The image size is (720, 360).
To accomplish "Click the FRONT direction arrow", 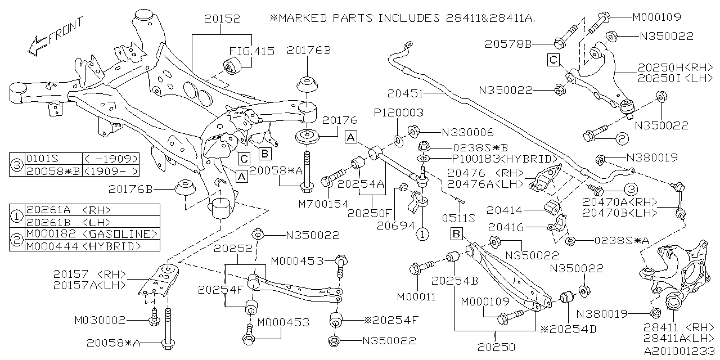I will pyautogui.click(x=55, y=37).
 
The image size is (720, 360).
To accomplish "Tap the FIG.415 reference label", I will pyautogui.click(x=251, y=51).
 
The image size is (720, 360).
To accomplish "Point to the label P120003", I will pyautogui.click(x=399, y=113).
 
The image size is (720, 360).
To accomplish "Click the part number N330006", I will pyautogui.click(x=467, y=133).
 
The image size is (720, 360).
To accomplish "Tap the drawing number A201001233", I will pyautogui.click(x=679, y=349).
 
